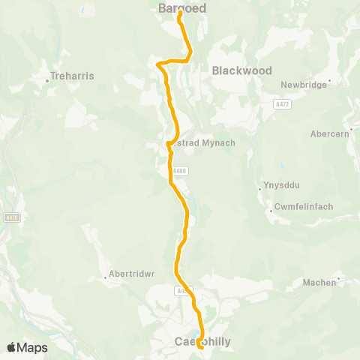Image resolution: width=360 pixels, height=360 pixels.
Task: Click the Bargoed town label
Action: click(x=182, y=7)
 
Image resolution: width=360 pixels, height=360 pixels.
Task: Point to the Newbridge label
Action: click(x=304, y=85)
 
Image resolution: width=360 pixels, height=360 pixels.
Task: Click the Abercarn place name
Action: click(x=329, y=134)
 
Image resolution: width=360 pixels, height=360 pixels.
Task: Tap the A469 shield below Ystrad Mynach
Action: click(x=179, y=171)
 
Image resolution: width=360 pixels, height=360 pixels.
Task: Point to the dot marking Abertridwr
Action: click(x=104, y=277)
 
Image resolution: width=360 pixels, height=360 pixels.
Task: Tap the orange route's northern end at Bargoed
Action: click(x=180, y=13)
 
